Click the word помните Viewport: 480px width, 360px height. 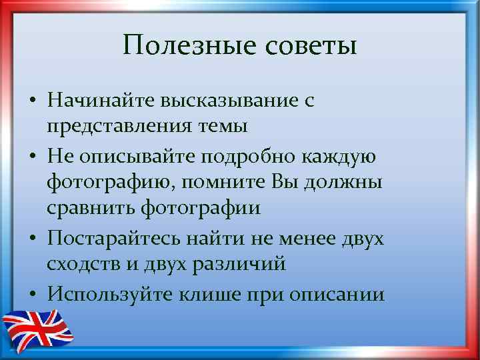pyautogui.click(x=231, y=182)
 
